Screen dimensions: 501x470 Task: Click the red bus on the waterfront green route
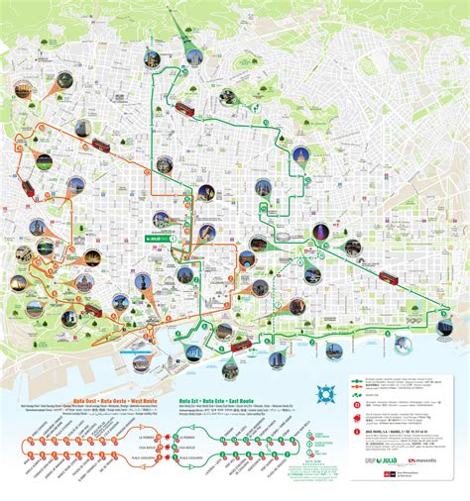pos(240,346)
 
